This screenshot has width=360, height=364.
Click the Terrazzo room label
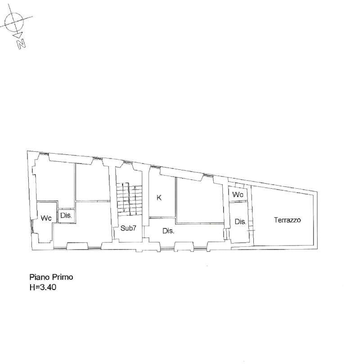(x=287, y=220)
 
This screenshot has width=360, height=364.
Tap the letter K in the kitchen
(x=159, y=197)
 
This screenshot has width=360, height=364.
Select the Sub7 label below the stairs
(x=128, y=228)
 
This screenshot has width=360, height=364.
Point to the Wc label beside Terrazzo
(x=238, y=195)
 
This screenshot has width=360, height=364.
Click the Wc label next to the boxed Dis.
(x=46, y=218)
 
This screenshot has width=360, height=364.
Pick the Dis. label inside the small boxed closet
(x=67, y=216)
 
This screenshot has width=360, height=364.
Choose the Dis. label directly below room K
(x=168, y=231)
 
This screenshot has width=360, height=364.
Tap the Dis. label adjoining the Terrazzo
(x=240, y=221)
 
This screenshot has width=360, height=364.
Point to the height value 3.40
(x=47, y=286)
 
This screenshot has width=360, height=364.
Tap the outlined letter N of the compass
(x=21, y=44)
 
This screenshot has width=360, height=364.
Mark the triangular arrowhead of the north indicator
(x=18, y=35)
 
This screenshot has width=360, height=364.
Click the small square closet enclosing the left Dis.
(x=67, y=216)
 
